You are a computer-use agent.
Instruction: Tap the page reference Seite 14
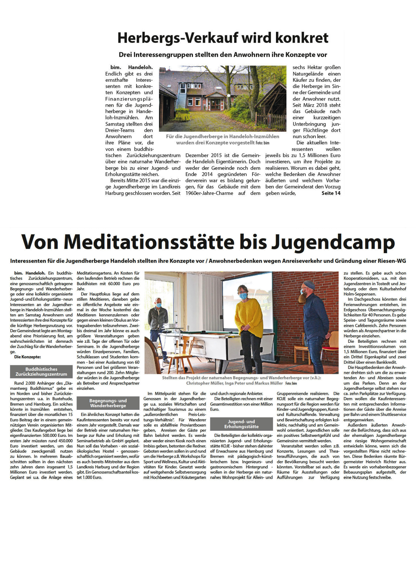(x=331, y=193)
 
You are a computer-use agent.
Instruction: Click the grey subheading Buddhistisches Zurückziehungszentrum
(x=41, y=372)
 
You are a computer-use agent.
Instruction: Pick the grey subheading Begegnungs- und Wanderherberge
(x=108, y=403)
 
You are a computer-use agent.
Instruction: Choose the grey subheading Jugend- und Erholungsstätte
(x=241, y=424)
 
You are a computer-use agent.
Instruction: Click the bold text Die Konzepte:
(x=27, y=357)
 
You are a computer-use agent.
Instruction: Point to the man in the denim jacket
(x=158, y=320)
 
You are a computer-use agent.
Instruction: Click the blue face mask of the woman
(x=243, y=296)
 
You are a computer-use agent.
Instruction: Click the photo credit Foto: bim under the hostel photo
(x=262, y=143)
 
